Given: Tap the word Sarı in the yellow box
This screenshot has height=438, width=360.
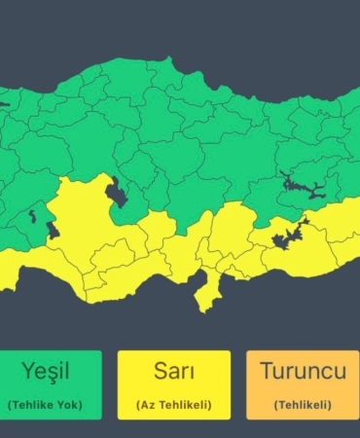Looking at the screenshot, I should pyautogui.click(x=174, y=372).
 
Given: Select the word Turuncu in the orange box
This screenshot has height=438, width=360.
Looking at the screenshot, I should pyautogui.click(x=302, y=372).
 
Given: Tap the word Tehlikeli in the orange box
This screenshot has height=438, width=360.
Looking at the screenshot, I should pyautogui.click(x=302, y=404).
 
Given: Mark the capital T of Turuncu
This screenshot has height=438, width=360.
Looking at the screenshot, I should pyautogui.click(x=266, y=372).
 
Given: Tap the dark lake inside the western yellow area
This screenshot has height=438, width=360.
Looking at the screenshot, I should pyautogui.click(x=51, y=232).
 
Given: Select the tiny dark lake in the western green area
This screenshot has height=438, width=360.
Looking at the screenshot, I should pyautogui.click(x=33, y=215).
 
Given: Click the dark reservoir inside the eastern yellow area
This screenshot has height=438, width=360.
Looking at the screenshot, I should pyautogui.click(x=288, y=235).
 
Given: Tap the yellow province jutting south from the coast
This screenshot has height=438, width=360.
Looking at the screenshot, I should pyautogui.click(x=206, y=292).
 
